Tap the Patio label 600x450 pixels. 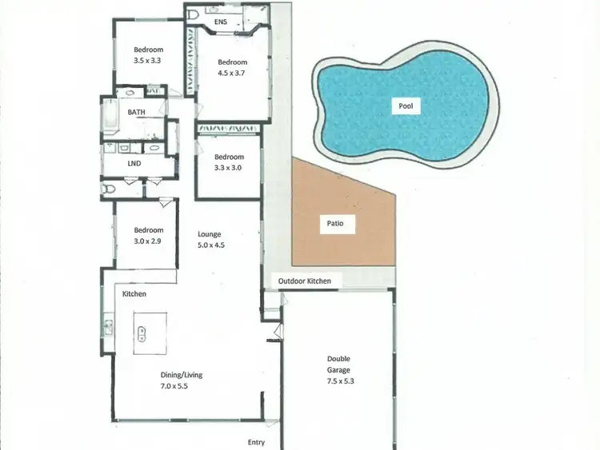pyautogui.click(x=335, y=225)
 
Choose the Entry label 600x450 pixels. pyautogui.click(x=256, y=442)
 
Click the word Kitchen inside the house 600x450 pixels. pyautogui.click(x=134, y=294)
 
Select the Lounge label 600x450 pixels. pyautogui.click(x=210, y=234)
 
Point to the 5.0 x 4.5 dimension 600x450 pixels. pyautogui.click(x=211, y=245)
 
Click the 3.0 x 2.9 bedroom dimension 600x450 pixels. pyautogui.click(x=148, y=241)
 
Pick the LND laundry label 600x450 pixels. pyautogui.click(x=134, y=164)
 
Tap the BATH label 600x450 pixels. pyautogui.click(x=137, y=113)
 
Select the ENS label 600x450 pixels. pyautogui.click(x=222, y=22)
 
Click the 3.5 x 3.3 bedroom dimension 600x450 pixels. pyautogui.click(x=147, y=60)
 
